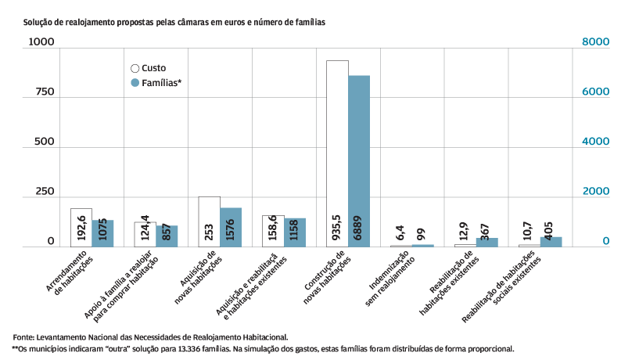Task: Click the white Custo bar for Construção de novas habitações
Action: [x=337, y=153]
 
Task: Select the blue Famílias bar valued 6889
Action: [x=359, y=160]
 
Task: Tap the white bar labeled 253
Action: [x=209, y=221]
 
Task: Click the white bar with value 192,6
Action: [x=81, y=227]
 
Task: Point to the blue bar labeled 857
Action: [x=167, y=236]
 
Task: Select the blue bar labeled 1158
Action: [x=295, y=232]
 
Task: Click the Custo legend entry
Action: [x=148, y=68]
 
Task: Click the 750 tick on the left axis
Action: [x=44, y=92]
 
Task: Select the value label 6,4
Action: [x=400, y=232]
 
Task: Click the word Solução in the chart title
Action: [x=40, y=23]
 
